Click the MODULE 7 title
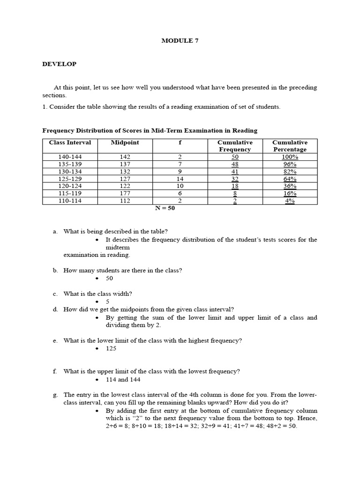(180, 41)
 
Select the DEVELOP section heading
(59, 64)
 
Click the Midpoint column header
(125, 142)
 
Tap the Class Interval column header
(70, 142)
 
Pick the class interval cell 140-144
(70, 157)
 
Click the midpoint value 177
(125, 194)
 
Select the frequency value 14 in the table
(180, 179)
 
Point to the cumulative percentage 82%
(290, 172)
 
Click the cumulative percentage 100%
(290, 157)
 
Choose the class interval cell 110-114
(70, 201)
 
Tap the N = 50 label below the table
(165, 208)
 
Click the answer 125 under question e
(111, 348)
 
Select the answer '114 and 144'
(123, 379)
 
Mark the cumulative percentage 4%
(290, 201)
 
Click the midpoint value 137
(125, 164)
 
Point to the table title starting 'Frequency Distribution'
(150, 131)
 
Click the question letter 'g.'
(55, 395)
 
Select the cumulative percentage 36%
(290, 186)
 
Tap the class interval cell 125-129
(70, 179)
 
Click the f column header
(180, 142)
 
